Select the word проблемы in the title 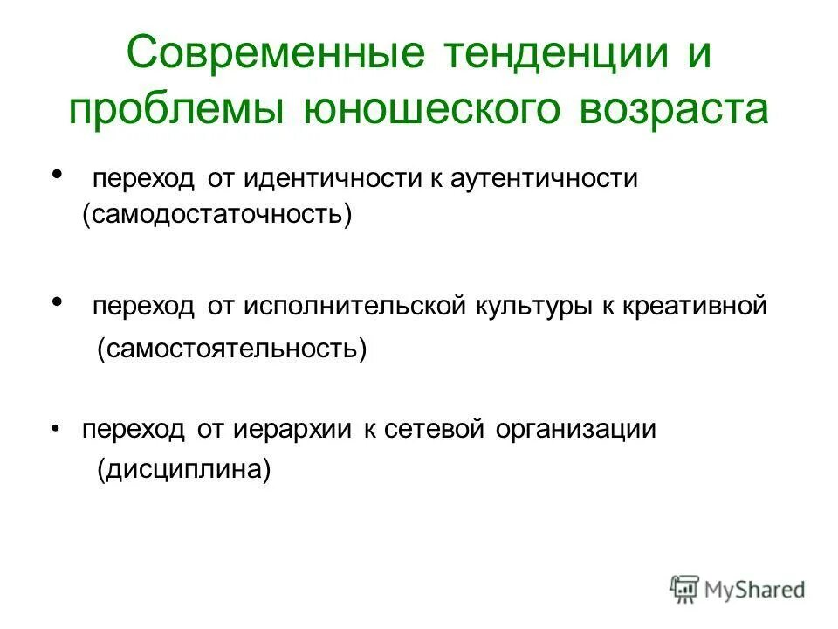(x=178, y=111)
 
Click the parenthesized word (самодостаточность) (x=217, y=216)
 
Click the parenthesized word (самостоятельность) (x=232, y=349)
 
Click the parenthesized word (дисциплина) (x=184, y=470)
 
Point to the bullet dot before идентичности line (x=58, y=175)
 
